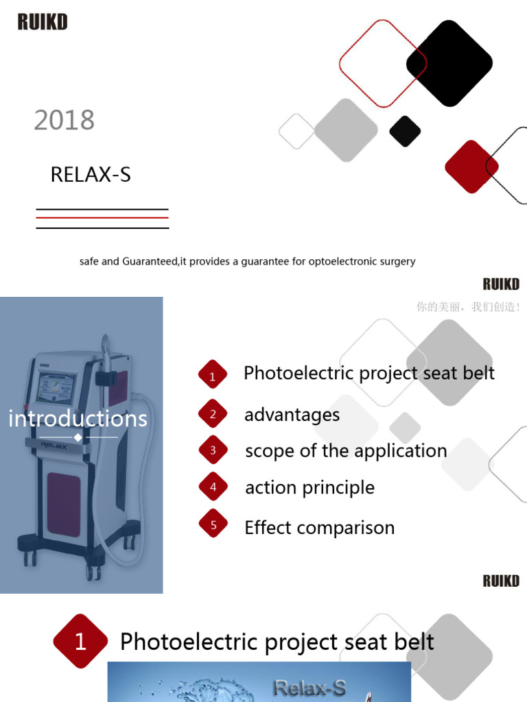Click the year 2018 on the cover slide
(x=65, y=121)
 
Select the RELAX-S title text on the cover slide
(x=91, y=175)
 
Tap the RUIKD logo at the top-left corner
(x=43, y=22)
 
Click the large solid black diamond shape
(x=449, y=63)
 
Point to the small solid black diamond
(x=405, y=131)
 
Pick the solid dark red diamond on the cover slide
(x=471, y=167)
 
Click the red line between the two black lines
(x=102, y=218)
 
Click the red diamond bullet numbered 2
(x=213, y=414)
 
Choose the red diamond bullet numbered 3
(x=213, y=450)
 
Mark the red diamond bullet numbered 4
(x=213, y=487)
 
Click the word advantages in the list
(x=292, y=415)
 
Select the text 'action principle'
(x=309, y=487)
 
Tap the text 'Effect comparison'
(x=319, y=528)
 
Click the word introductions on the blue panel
(x=78, y=418)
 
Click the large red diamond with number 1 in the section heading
(x=81, y=642)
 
